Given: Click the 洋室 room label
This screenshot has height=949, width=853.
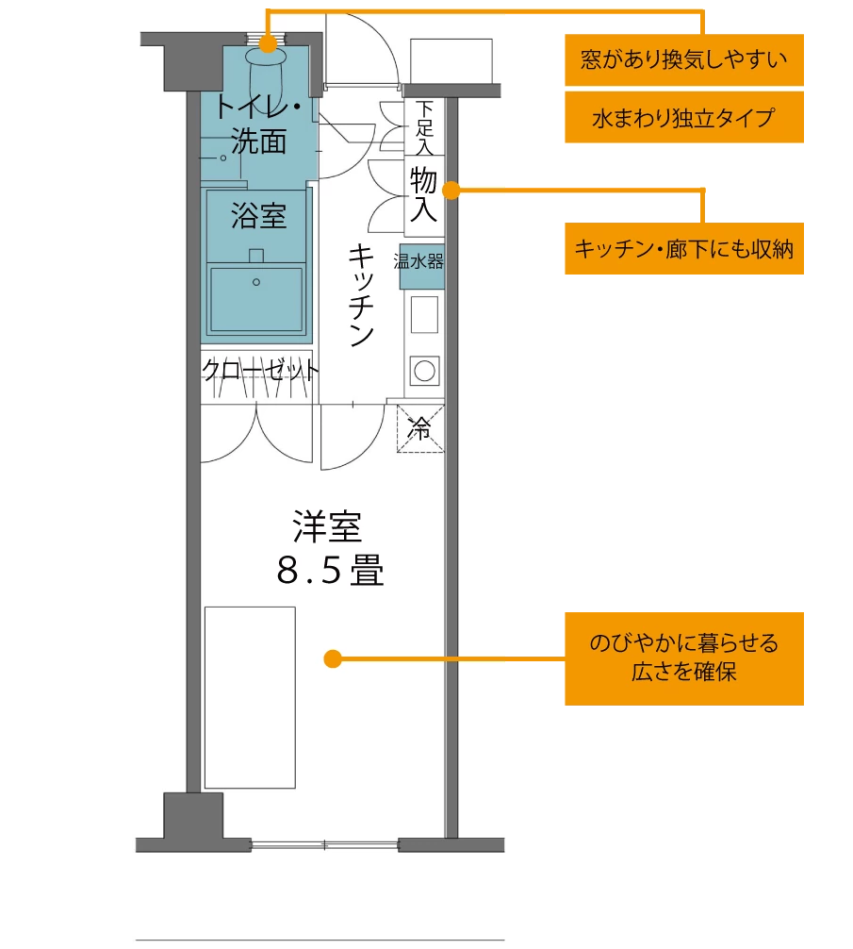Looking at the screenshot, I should tap(327, 527).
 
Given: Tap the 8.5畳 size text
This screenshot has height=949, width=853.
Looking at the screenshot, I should tap(330, 570).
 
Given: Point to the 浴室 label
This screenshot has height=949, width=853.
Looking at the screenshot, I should tap(258, 216).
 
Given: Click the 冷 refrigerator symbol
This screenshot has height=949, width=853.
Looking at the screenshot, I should tap(420, 429).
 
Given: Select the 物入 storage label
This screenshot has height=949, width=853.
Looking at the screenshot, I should tap(423, 194).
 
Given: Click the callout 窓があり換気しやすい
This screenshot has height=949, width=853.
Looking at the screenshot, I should tap(684, 61).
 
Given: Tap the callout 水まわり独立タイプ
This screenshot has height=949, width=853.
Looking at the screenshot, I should tap(684, 117).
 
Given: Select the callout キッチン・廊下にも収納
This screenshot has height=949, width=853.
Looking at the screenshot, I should tap(684, 249).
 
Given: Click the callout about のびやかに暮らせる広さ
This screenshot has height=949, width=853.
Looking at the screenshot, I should tap(684, 658).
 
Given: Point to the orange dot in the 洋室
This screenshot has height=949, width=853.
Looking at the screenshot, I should tap(332, 658).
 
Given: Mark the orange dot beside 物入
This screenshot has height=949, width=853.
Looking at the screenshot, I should tap(451, 191).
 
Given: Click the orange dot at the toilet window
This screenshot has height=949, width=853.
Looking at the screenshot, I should tap(268, 42).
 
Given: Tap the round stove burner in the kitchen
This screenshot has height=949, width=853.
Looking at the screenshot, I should tap(424, 370).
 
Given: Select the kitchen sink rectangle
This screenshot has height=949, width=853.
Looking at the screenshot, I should tap(424, 314).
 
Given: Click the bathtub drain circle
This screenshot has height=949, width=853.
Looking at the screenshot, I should tap(255, 281).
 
